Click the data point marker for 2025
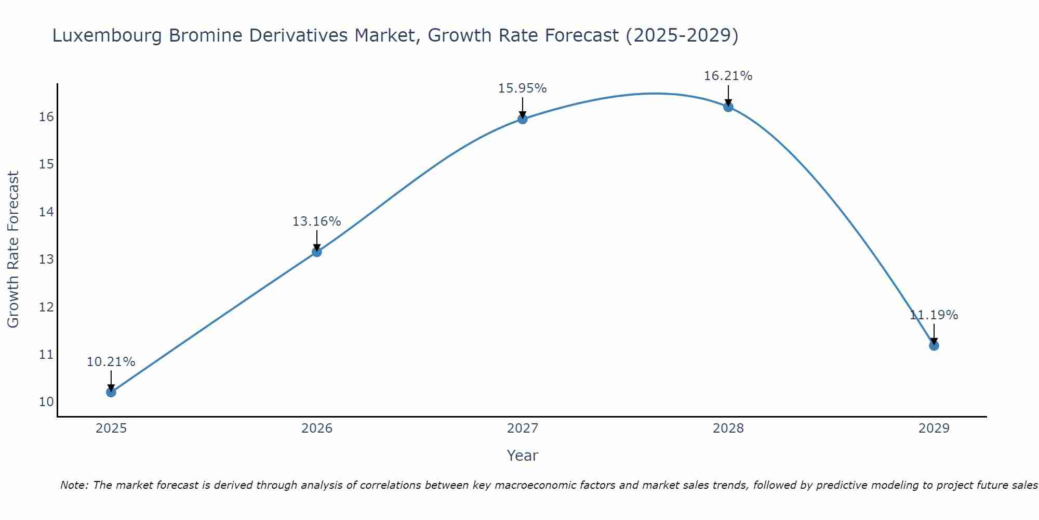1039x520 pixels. [x=111, y=392]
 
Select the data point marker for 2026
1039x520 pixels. [x=317, y=252]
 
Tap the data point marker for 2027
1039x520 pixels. [x=523, y=119]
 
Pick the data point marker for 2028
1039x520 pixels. [x=728, y=107]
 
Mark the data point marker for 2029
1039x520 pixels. [x=934, y=346]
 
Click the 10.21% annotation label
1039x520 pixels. [x=111, y=362]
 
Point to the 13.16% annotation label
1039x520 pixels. [x=317, y=222]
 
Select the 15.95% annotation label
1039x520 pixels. [x=523, y=88]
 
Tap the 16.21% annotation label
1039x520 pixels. [x=728, y=76]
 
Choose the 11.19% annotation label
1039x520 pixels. [x=934, y=315]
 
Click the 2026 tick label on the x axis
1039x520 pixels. [x=317, y=428]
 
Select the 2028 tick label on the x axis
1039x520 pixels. [x=728, y=428]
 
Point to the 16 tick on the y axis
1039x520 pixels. [x=46, y=117]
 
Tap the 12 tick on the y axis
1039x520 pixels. [x=46, y=307]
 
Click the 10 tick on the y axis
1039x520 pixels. [x=46, y=402]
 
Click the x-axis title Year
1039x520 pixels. [x=523, y=456]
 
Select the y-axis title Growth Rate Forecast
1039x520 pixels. [x=13, y=250]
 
